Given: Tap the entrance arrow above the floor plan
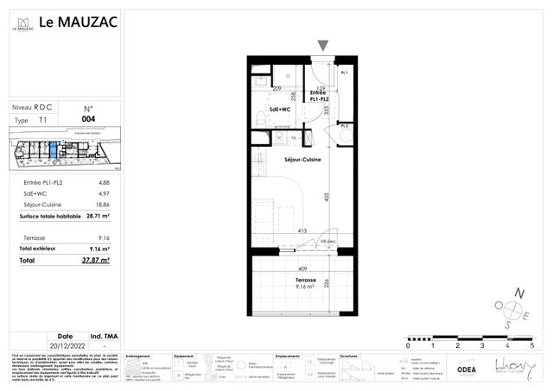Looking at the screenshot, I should coord(322,46).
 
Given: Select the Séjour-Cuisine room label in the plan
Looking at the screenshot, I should coord(302,160).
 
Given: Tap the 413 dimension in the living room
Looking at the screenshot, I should coord(303,230).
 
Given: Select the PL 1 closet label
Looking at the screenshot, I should coord(344,74).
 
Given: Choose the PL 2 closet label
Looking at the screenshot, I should coord(344,127).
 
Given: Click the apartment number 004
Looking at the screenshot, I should coord(87,119).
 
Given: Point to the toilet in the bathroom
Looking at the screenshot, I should coord(259,119).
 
